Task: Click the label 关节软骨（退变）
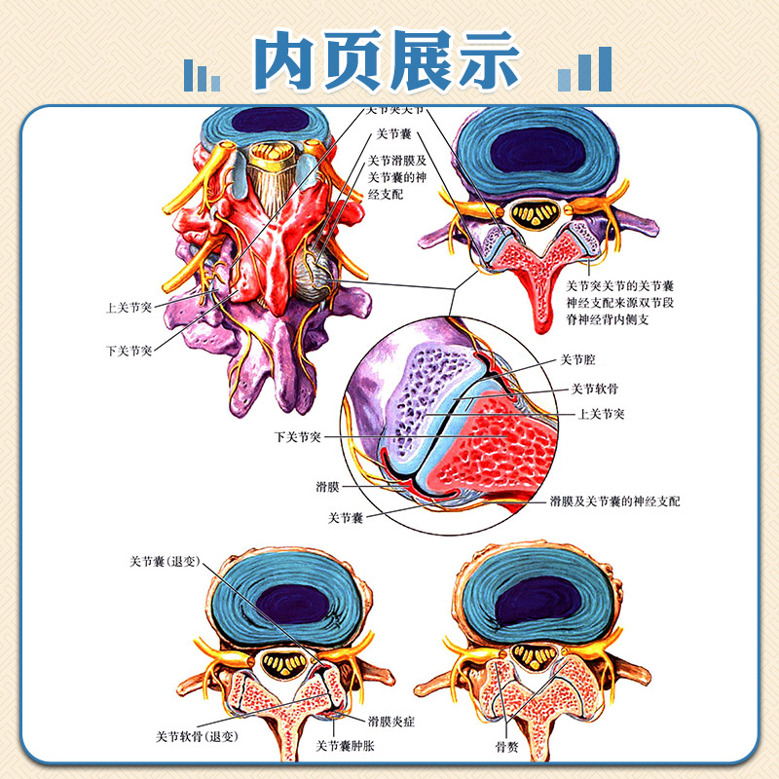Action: tap(198, 735)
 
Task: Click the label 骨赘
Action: tap(506, 745)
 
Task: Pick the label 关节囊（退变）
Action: tap(165, 562)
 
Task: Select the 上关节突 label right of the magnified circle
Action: tap(601, 414)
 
